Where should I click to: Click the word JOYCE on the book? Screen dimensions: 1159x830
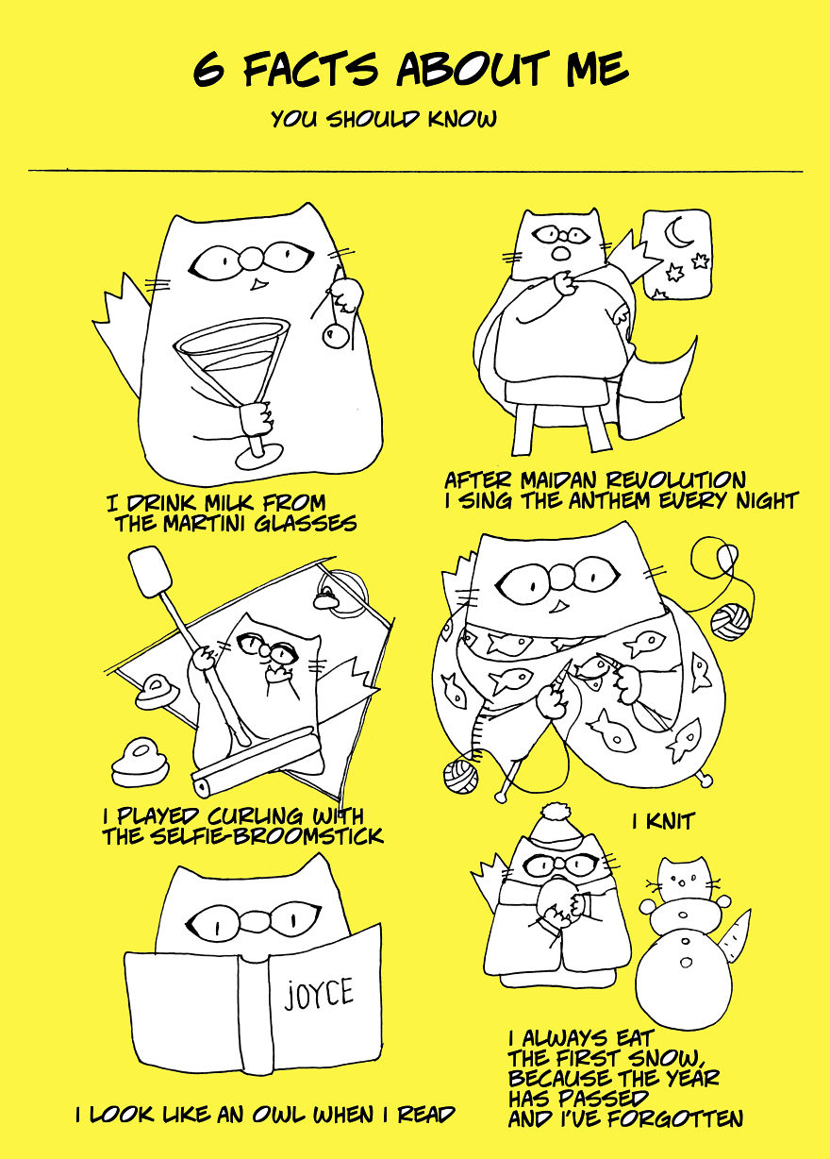(x=319, y=993)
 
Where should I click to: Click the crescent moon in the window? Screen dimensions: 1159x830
(x=677, y=231)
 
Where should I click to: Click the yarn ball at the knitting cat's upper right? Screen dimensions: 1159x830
(x=730, y=621)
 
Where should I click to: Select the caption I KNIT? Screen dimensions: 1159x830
(x=663, y=821)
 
